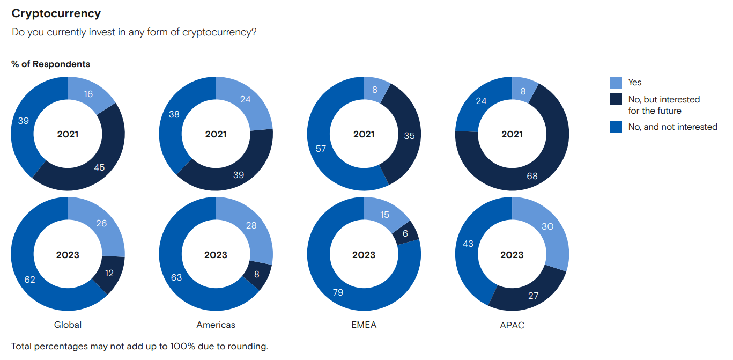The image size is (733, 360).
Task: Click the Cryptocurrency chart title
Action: point(56,13)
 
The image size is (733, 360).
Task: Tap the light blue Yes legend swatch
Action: point(616,83)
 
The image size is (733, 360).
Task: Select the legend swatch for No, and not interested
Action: point(616,127)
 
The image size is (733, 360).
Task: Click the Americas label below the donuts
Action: point(216,325)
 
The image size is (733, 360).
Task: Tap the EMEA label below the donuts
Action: point(364,325)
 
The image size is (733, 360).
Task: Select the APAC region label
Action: point(512,325)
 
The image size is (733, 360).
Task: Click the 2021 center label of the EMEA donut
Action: point(364,134)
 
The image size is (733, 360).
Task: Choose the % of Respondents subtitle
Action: point(50,64)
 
